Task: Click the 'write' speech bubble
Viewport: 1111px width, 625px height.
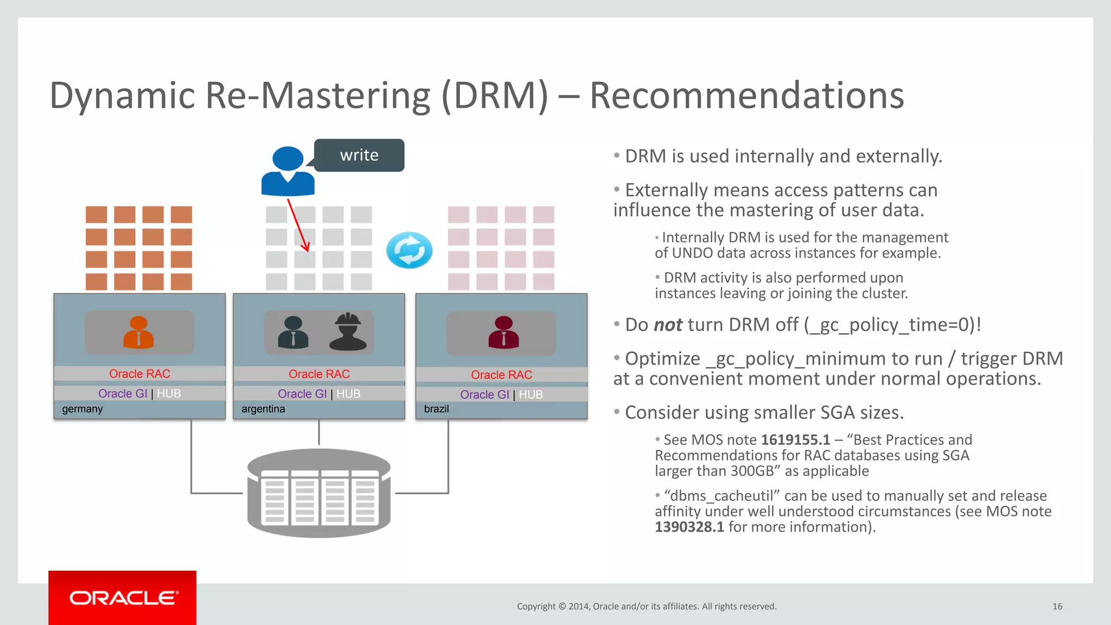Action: pos(359,155)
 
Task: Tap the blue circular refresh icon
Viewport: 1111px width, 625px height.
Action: pos(410,250)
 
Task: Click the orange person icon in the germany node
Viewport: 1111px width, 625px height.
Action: pos(139,332)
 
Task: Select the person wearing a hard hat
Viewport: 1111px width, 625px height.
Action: pos(348,332)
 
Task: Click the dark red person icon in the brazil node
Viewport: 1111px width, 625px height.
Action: pos(503,332)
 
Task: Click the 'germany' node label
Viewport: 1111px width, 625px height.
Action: pos(82,409)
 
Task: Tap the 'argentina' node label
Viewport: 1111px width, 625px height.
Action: pos(263,409)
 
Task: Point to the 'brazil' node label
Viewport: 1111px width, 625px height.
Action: pos(436,409)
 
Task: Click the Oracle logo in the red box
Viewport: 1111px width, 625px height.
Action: pos(123,598)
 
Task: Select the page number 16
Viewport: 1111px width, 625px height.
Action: pos(1057,607)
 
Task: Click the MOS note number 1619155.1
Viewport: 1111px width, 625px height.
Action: pos(795,440)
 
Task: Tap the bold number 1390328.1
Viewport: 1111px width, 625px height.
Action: pos(689,527)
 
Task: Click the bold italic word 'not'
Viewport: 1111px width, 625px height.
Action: pos(668,325)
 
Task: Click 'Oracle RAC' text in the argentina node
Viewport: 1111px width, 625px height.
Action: pos(319,374)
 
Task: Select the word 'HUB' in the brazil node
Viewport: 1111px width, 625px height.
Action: pos(531,395)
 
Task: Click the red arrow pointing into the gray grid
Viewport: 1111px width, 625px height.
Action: pos(298,225)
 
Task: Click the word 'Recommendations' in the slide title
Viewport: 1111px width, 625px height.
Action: pos(746,95)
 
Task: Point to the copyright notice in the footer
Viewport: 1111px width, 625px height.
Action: pos(647,607)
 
